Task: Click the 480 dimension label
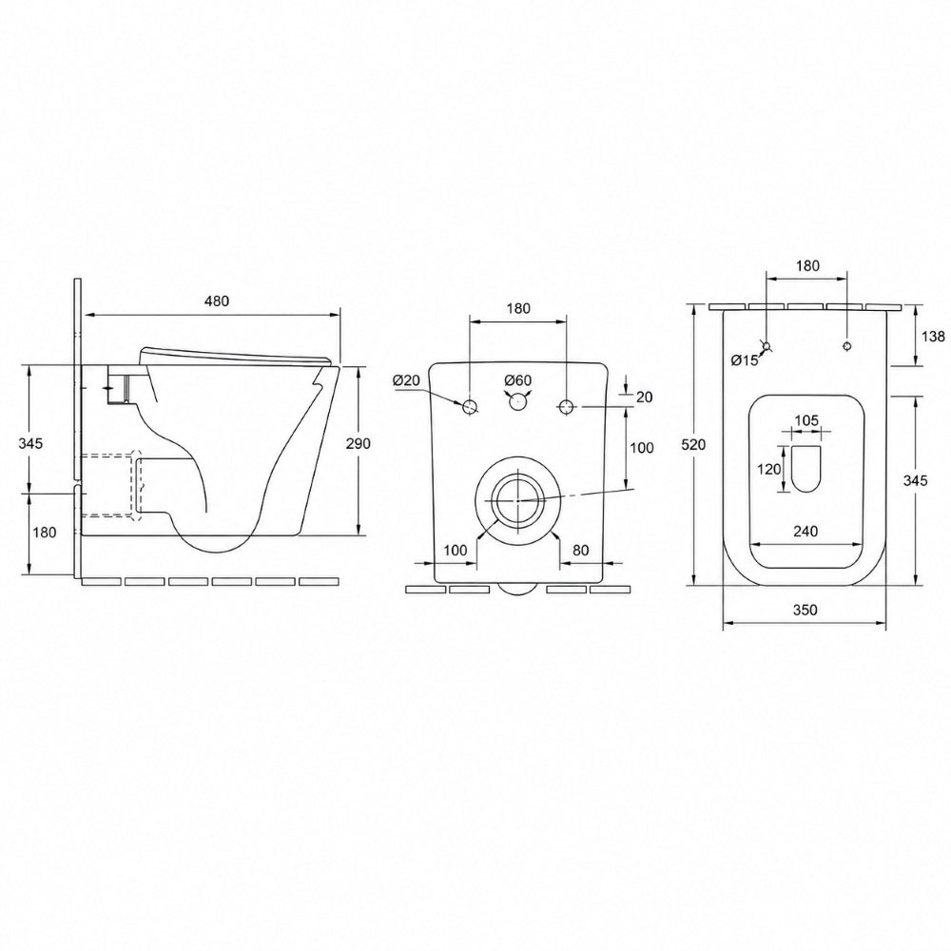point(217,301)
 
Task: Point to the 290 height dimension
point(358,443)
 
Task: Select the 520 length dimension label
point(693,444)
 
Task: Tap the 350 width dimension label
point(805,610)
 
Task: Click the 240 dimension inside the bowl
point(805,532)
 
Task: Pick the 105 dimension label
point(806,420)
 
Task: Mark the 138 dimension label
point(933,336)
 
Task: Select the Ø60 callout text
point(518,380)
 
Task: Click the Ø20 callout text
point(406,380)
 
